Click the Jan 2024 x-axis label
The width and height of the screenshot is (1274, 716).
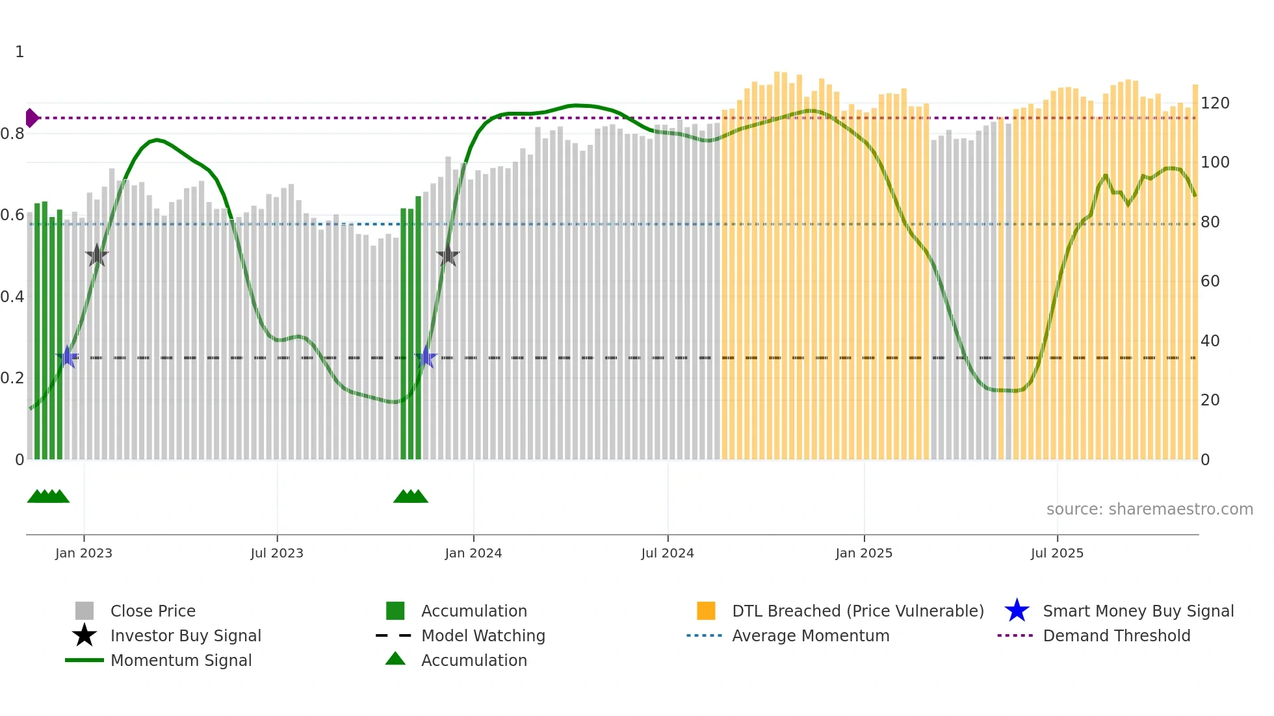(473, 553)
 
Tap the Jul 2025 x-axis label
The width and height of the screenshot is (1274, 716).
(1057, 553)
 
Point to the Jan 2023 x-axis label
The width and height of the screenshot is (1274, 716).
(84, 553)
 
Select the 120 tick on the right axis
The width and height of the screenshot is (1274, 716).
(1215, 103)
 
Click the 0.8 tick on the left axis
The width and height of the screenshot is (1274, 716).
(12, 134)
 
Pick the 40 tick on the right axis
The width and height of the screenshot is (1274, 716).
(1210, 340)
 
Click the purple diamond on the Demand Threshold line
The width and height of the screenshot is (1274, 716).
(31, 118)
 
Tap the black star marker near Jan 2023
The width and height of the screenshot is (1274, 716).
(97, 255)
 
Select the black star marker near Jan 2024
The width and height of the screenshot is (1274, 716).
(448, 255)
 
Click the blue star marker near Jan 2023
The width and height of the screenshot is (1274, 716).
(67, 357)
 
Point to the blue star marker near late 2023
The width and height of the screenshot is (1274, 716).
(426, 357)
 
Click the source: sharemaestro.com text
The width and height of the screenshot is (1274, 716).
(1149, 509)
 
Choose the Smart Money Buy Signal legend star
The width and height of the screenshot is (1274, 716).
(1017, 611)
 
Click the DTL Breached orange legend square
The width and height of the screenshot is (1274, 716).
(706, 611)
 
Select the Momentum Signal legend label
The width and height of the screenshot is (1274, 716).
(181, 660)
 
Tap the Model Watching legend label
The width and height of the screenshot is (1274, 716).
(483, 635)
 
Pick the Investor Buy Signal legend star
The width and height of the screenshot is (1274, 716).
(84, 635)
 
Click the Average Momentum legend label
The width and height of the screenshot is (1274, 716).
(811, 635)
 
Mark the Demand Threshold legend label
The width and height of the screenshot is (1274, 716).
(1116, 635)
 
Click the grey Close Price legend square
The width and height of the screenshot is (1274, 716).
(84, 611)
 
